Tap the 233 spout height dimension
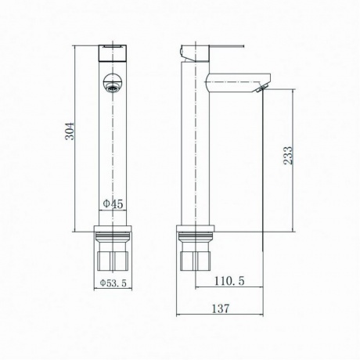[288, 155]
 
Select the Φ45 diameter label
[113, 203]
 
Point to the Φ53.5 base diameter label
[113, 283]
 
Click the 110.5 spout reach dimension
[229, 281]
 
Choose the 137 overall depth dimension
[221, 308]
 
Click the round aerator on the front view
[113, 83]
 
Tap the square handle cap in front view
[113, 53]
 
